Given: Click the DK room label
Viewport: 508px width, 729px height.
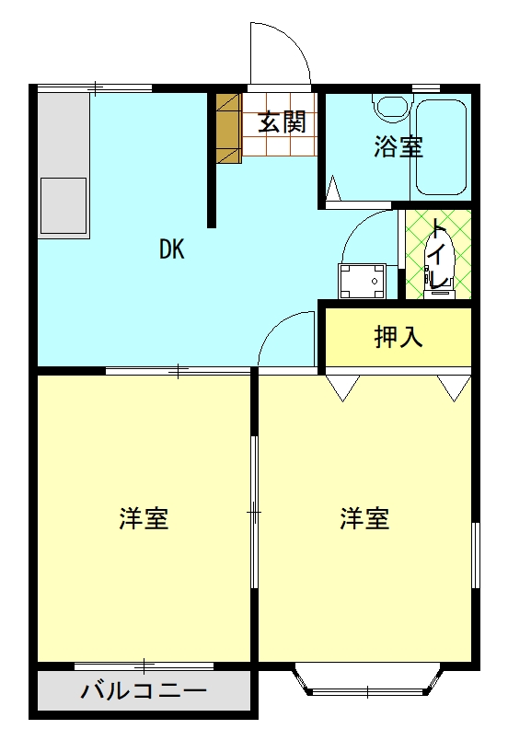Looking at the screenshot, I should click(172, 249).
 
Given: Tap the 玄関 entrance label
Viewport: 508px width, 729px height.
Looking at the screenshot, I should click(281, 122).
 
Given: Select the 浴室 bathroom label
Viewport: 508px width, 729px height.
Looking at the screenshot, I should click(398, 146).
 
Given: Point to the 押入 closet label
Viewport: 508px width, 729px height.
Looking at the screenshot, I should click(398, 337).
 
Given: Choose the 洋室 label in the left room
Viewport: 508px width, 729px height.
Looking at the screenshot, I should click(144, 519).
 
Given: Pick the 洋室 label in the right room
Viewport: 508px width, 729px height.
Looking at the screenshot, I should click(365, 519).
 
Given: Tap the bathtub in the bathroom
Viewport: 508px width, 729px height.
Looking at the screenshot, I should click(440, 147).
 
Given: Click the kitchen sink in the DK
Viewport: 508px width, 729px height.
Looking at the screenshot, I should click(63, 205).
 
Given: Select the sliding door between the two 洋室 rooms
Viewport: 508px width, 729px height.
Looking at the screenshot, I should click(254, 512).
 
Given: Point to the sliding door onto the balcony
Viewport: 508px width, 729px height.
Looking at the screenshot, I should click(144, 664).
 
